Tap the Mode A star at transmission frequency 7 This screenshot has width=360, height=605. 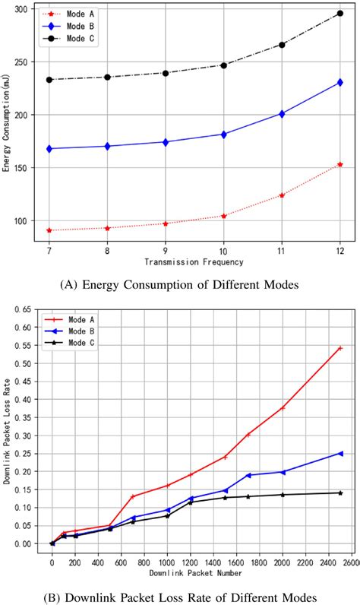49,230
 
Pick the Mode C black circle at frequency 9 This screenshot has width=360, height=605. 165,73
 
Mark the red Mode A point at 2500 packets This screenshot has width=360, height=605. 340,348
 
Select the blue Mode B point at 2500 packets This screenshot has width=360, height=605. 340,453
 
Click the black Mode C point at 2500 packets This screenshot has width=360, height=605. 340,493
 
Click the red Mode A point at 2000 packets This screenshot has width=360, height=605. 283,407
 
